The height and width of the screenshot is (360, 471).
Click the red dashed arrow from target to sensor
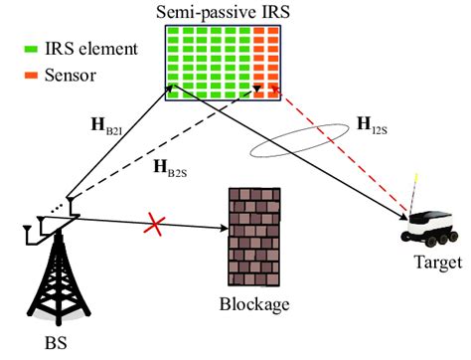[x=338, y=149]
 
